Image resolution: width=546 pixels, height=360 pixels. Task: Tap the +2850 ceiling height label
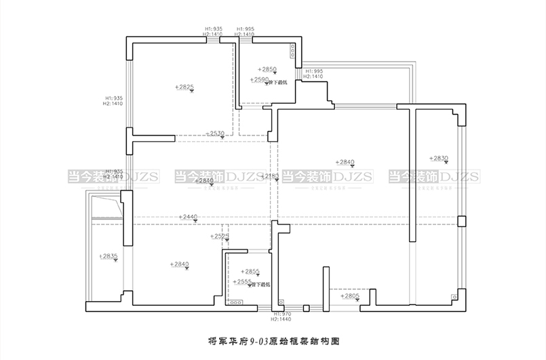(x=268, y=69)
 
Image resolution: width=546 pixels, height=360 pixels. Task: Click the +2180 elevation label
(x=270, y=176)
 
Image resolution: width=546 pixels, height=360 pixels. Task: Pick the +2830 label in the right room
(x=439, y=158)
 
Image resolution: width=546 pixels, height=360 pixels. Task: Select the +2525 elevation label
(x=218, y=236)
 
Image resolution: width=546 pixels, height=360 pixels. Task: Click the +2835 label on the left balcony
(x=109, y=256)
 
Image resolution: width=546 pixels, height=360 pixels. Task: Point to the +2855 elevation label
(x=250, y=271)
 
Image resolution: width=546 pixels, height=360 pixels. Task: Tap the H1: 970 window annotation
(x=281, y=314)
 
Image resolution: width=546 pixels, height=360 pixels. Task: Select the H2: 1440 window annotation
(x=281, y=319)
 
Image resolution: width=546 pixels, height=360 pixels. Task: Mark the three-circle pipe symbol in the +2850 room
(x=292, y=52)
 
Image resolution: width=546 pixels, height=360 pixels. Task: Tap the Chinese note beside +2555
(x=262, y=284)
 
